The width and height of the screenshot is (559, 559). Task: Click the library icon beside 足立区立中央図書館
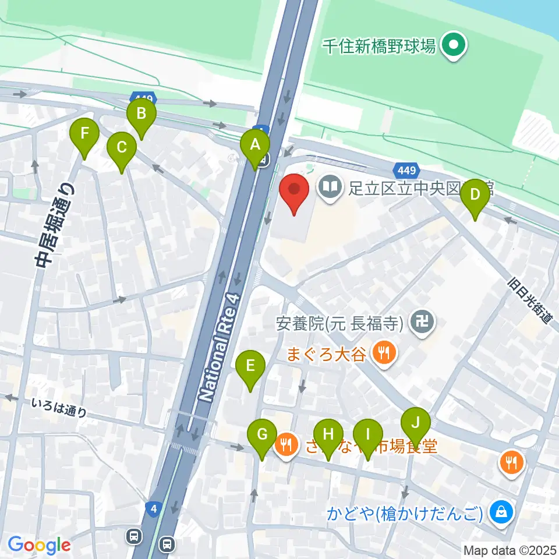tap(330, 187)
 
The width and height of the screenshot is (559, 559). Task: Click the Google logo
tap(39, 545)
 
